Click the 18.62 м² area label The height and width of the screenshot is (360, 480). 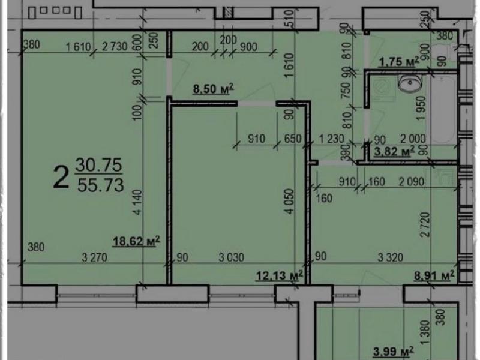coord(136,241)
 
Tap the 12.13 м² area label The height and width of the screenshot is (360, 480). coord(280,275)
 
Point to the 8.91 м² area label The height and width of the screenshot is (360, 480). coord(434,275)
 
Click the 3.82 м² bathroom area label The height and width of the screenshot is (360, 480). coord(394,151)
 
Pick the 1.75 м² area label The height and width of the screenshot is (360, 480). coord(399,62)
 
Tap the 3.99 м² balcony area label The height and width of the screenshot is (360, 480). coord(394,351)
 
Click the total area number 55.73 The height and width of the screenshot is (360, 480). coord(101,185)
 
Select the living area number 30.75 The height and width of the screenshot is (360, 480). coord(99,165)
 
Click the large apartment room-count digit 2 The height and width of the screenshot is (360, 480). coord(61,177)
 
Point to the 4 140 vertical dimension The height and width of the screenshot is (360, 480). coord(137,202)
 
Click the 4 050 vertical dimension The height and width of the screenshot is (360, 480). coord(290,201)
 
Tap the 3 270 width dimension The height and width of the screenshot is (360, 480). coord(95,257)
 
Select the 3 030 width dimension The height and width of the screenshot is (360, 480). coord(232,257)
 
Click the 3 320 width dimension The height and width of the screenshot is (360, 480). coord(391,257)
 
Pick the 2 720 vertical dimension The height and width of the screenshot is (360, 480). coord(425,224)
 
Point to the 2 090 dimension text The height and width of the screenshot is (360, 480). coord(412,182)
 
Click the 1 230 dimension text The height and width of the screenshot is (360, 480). coord(332,139)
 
